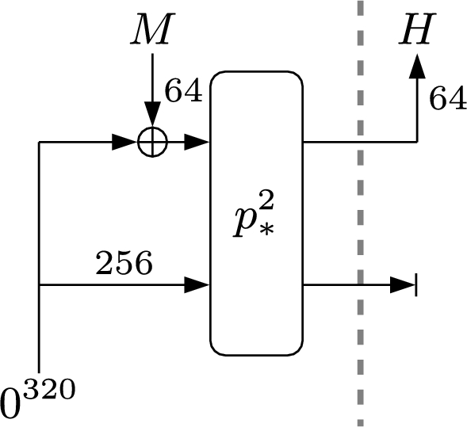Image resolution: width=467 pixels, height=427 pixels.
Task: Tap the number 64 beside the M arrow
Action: (184, 91)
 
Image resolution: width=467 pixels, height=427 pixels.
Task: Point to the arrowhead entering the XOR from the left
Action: (123, 143)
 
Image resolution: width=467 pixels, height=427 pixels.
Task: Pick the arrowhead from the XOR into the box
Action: (197, 143)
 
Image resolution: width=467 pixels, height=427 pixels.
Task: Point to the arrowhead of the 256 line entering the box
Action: (197, 284)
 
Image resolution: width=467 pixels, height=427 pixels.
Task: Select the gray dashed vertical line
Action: (361, 214)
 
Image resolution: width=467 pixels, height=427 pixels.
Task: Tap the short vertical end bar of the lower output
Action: (416, 284)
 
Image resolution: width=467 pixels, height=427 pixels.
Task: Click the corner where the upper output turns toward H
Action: (416, 143)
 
